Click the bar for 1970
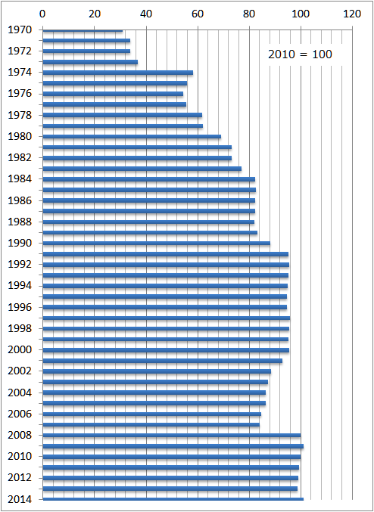pyautogui.click(x=83, y=31)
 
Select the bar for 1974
pyautogui.click(x=117, y=73)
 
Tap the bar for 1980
pyautogui.click(x=132, y=136)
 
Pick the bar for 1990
pyautogui.click(x=156, y=244)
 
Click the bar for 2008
pyautogui.click(x=172, y=436)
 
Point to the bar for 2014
pyautogui.click(x=173, y=499)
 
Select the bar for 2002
pyautogui.click(x=157, y=371)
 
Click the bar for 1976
pyautogui.click(x=113, y=94)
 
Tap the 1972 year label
pyautogui.click(x=20, y=51)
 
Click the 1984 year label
pyautogui.click(x=20, y=179)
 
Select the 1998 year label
pyautogui.click(x=20, y=328)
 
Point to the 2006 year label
pyautogui.click(x=20, y=414)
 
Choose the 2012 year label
pyautogui.click(x=20, y=478)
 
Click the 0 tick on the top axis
pyautogui.click(x=42, y=14)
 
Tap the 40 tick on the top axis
pyautogui.click(x=146, y=14)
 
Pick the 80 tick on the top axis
pyautogui.click(x=249, y=14)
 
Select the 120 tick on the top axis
pyautogui.click(x=352, y=14)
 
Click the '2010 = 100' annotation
pyautogui.click(x=300, y=54)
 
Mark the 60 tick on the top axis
pyautogui.click(x=198, y=14)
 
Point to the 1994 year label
pyautogui.click(x=20, y=286)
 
